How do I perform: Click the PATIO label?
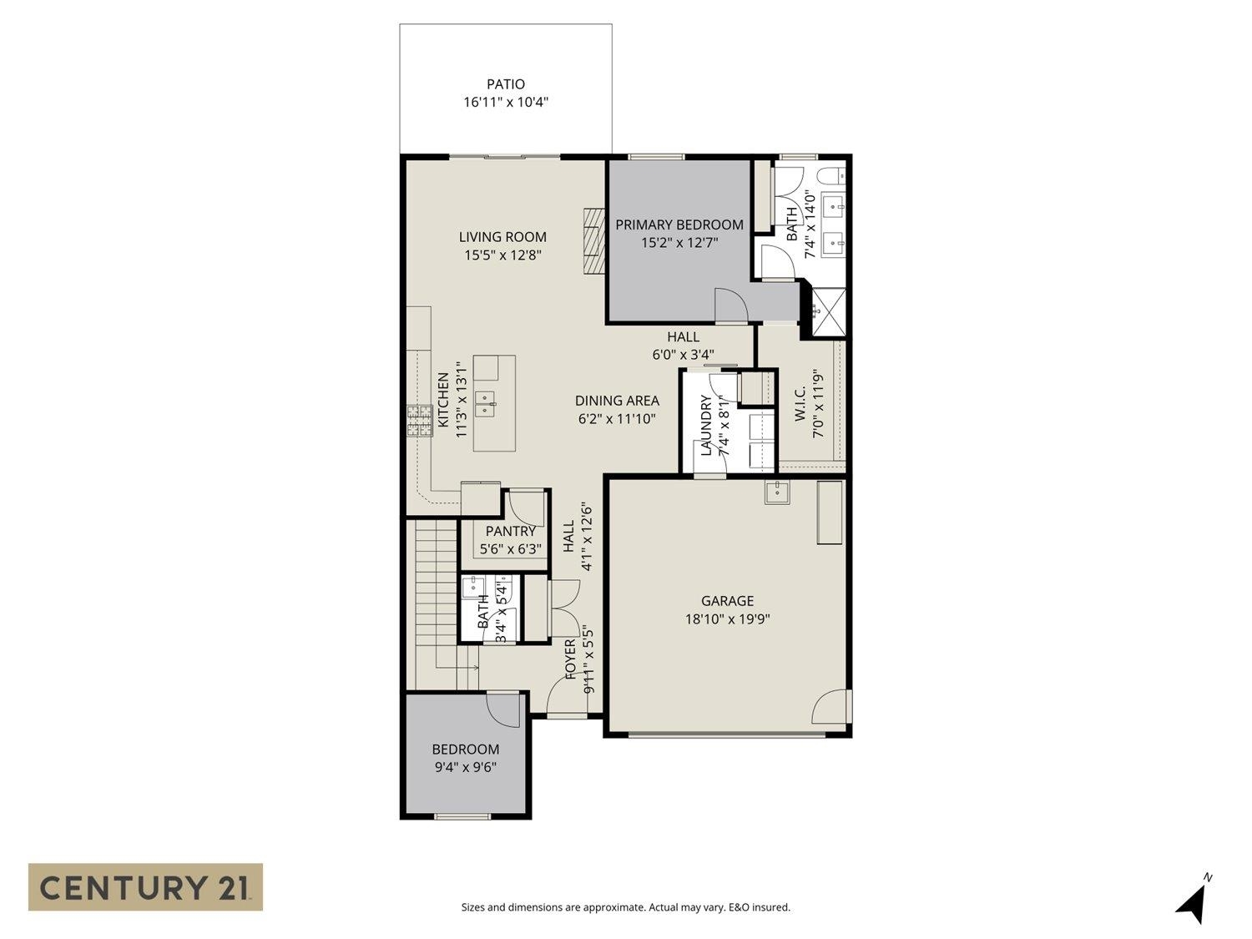point(506,84)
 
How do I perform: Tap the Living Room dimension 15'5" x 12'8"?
point(503,255)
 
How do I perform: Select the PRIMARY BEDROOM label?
point(679,225)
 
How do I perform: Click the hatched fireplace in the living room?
point(592,240)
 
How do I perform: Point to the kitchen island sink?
point(485,404)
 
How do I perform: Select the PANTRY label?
point(510,531)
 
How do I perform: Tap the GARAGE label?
point(727,601)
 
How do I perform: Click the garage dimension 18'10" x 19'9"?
point(727,619)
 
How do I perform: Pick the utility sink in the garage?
point(777,492)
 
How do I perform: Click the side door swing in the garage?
point(831,708)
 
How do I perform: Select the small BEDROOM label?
point(465,750)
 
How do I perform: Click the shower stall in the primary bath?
point(824,312)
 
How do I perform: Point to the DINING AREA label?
point(617,401)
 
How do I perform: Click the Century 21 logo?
point(145,886)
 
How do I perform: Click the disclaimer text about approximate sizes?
point(625,907)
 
